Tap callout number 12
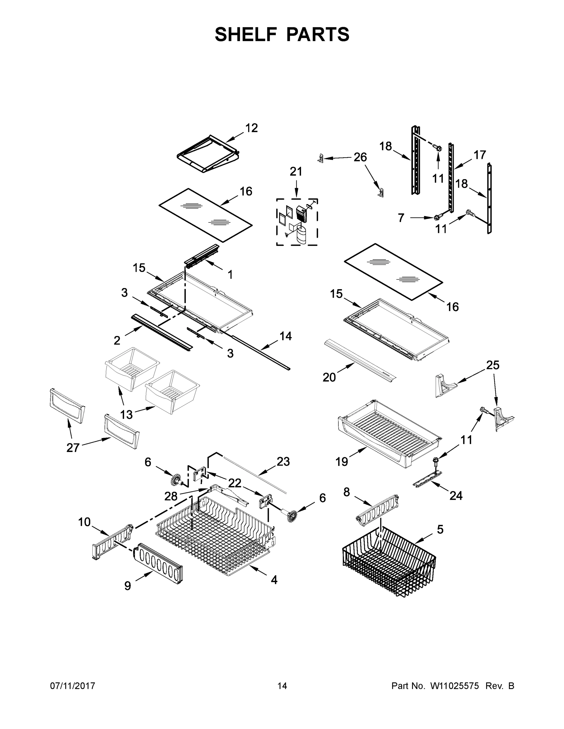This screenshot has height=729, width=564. [x=251, y=128]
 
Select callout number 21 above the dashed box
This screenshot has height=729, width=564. [x=296, y=172]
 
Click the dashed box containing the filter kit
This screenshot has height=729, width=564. [x=297, y=222]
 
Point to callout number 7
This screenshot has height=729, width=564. [x=401, y=217]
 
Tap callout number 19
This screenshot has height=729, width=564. [x=342, y=462]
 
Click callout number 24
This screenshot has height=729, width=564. [x=456, y=496]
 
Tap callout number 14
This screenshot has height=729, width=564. [x=286, y=336]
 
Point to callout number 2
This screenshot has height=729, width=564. [x=117, y=341]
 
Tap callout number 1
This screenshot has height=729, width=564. [x=230, y=274]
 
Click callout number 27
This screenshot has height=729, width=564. [x=73, y=448]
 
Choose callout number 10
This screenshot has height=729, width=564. [x=84, y=522]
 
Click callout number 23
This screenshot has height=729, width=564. [x=283, y=462]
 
